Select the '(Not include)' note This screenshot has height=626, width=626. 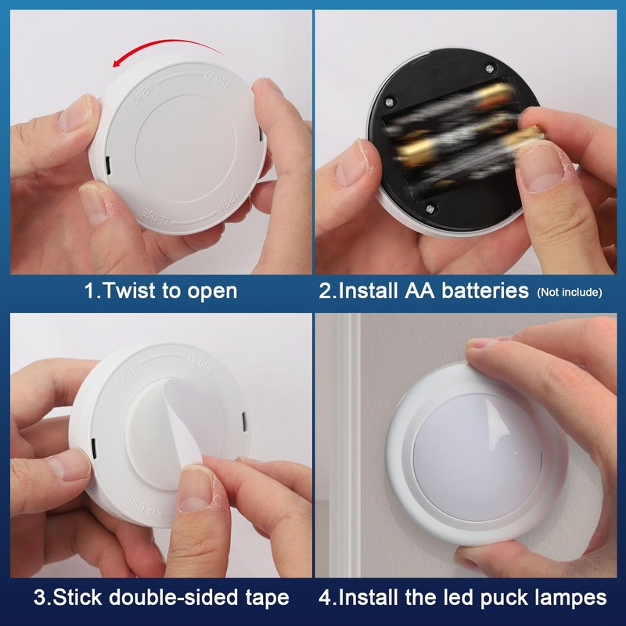[569, 293]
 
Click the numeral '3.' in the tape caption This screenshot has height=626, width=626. [42, 598]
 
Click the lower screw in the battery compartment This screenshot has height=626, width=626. [429, 208]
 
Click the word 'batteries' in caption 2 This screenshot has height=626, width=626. [484, 291]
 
